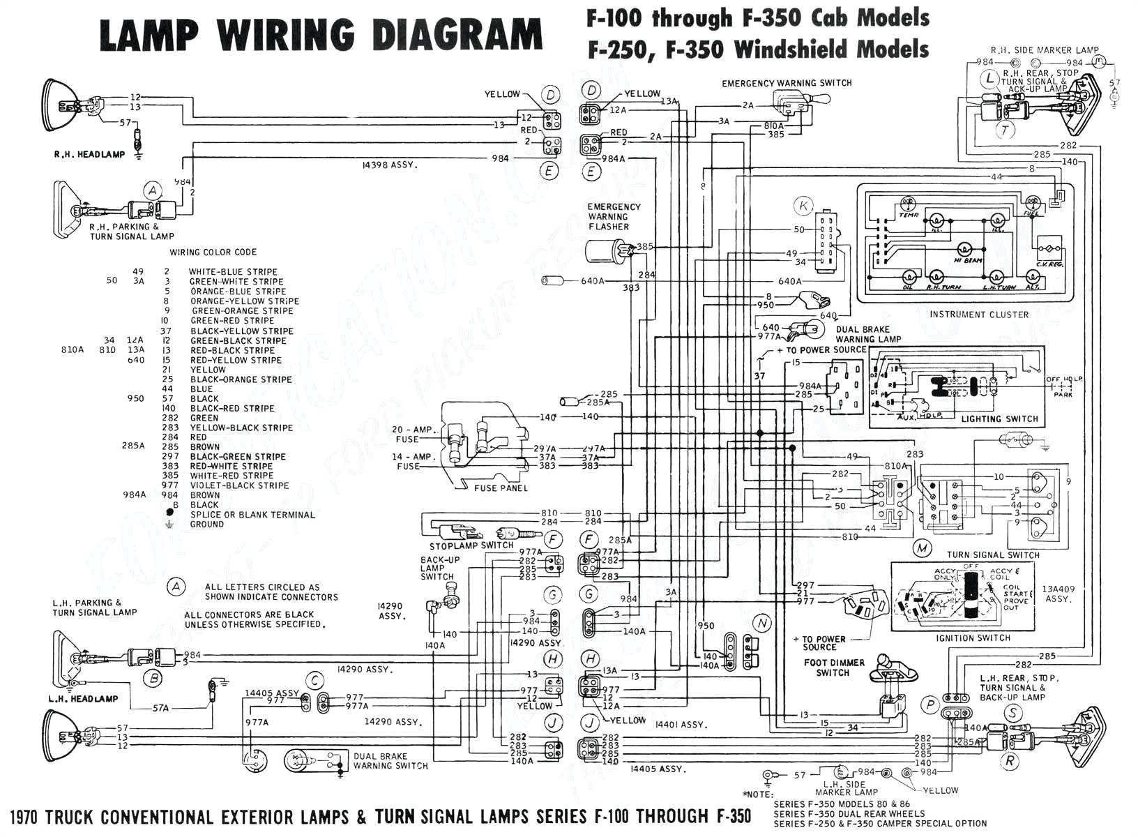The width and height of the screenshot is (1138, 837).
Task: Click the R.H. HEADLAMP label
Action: tap(89, 154)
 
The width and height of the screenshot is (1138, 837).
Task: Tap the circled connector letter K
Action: tap(804, 206)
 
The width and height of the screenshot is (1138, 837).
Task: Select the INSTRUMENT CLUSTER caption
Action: tap(978, 315)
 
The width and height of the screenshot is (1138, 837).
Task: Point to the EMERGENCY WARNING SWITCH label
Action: tap(787, 83)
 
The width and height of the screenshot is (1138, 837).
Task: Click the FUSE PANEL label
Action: tap(501, 488)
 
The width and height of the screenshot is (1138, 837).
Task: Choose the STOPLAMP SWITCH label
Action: tap(471, 545)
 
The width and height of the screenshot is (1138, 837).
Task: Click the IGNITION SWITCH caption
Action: tap(973, 638)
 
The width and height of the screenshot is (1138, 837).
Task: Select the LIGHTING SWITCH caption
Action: tap(999, 418)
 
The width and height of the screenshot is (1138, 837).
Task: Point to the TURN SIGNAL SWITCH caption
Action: tap(993, 555)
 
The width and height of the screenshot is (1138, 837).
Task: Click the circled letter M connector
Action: tap(923, 548)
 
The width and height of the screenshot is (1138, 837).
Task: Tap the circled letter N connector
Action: tap(762, 623)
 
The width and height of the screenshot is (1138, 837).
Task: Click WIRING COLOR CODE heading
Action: tap(213, 252)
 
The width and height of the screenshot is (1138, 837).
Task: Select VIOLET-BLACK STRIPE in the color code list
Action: tap(239, 485)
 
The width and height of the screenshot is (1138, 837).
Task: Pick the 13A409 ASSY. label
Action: tap(1057, 594)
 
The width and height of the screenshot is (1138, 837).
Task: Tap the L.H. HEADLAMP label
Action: tap(83, 698)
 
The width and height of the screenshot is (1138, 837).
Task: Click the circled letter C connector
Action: tap(316, 681)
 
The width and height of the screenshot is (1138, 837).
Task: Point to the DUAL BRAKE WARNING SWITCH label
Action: tap(390, 760)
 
